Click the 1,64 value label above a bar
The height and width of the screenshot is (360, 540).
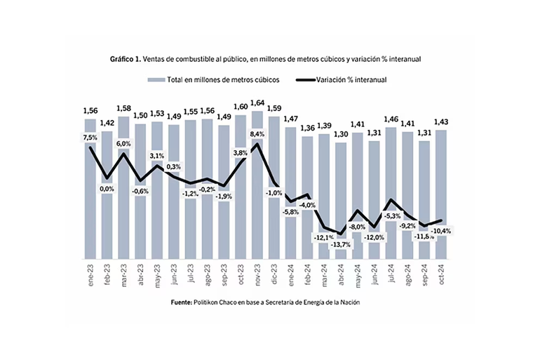click(257, 102)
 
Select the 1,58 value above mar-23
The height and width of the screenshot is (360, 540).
click(123, 108)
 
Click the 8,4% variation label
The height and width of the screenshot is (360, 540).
click(257, 133)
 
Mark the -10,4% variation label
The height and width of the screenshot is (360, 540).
click(441, 230)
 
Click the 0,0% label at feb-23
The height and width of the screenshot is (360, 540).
click(107, 189)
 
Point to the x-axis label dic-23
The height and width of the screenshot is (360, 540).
click(275, 271)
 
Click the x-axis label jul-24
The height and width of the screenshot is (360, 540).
click(391, 271)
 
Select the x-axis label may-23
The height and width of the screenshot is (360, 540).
click(158, 271)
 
